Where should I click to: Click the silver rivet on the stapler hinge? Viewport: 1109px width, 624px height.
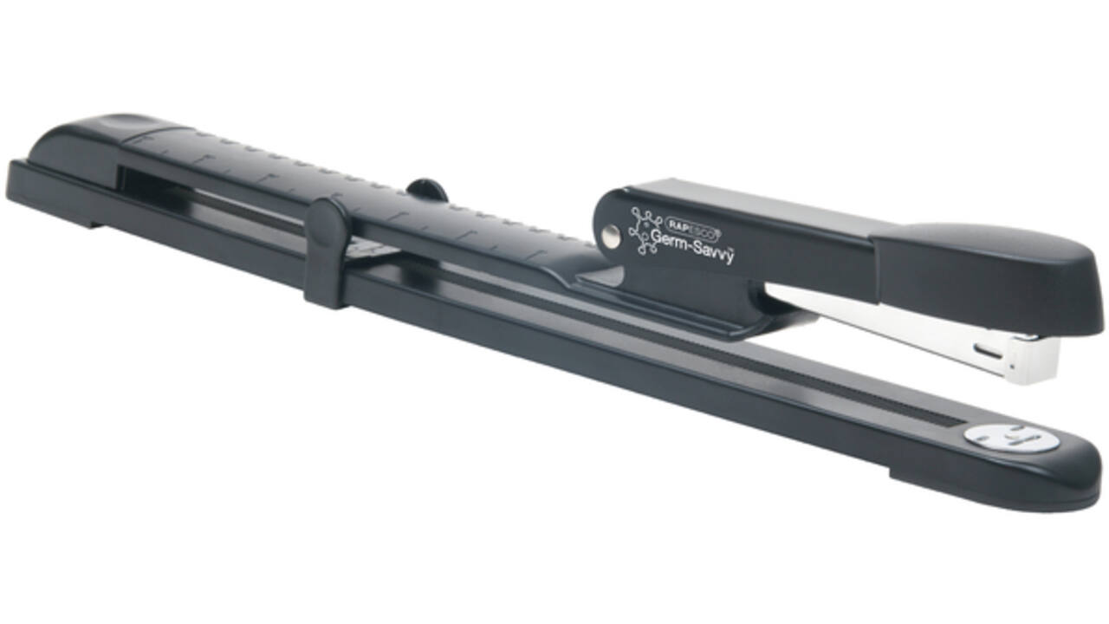tap(612, 236)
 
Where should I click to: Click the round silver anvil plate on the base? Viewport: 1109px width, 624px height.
tap(1010, 438)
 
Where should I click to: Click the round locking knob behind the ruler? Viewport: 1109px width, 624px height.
tap(427, 190)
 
